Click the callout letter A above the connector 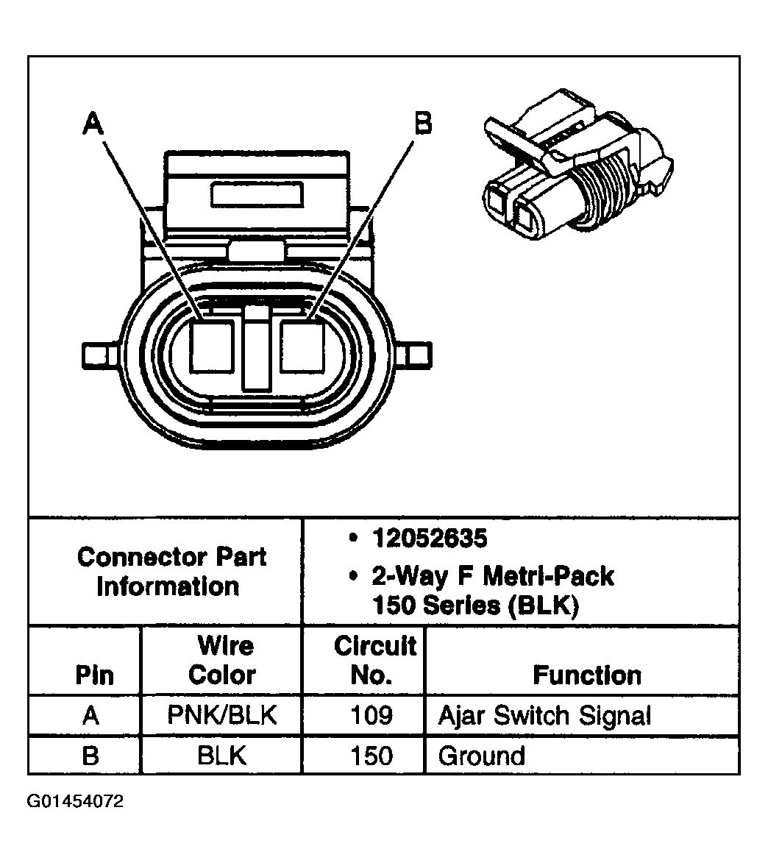click(x=93, y=123)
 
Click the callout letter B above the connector click(x=423, y=123)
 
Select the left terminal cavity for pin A click(x=213, y=347)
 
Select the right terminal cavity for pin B click(x=302, y=347)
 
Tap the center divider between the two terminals click(x=257, y=349)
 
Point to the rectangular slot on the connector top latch click(x=257, y=195)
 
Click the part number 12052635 click(x=430, y=539)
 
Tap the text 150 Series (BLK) click(x=476, y=606)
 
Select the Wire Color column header click(x=223, y=661)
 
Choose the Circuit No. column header click(x=374, y=661)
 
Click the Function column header click(x=587, y=675)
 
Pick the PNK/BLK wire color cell click(x=222, y=716)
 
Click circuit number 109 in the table click(x=372, y=716)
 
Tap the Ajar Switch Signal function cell click(x=544, y=716)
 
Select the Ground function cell click(x=481, y=756)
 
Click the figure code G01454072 click(x=75, y=801)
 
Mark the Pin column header click(x=94, y=675)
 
